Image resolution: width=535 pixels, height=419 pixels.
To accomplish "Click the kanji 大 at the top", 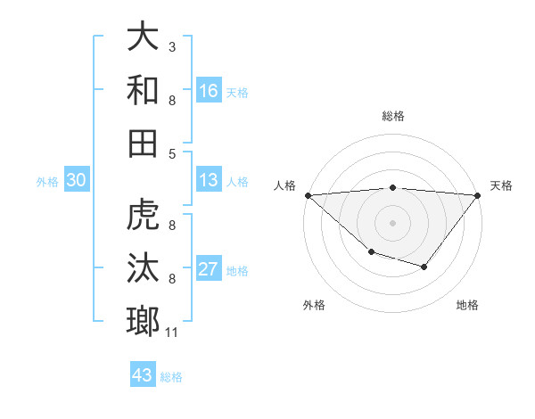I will pyautogui.click(x=144, y=37).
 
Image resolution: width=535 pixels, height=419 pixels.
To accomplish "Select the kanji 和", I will pyautogui.click(x=144, y=90).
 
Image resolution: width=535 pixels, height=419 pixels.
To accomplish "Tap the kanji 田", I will pyautogui.click(x=144, y=143).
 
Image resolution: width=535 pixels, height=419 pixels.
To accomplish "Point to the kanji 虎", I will pyautogui.click(x=144, y=216).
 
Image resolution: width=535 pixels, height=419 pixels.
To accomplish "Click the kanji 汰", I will pyautogui.click(x=144, y=268).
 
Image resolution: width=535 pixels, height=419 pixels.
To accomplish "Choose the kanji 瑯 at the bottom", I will pyautogui.click(x=144, y=321).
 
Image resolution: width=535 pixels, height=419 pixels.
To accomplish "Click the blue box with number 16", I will pyautogui.click(x=209, y=90).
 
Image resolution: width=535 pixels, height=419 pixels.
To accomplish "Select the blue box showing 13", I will pyautogui.click(x=209, y=181).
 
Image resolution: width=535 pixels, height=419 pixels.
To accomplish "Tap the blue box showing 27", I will pyautogui.click(x=209, y=268).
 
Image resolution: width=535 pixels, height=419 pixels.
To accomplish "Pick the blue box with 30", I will pyautogui.click(x=76, y=181).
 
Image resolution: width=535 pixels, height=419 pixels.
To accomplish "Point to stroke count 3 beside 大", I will pyautogui.click(x=171, y=46).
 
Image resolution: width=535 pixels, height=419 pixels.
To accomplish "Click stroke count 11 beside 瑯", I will pyautogui.click(x=172, y=333).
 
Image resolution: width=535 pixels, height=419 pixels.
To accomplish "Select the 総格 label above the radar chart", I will pyautogui.click(x=393, y=116).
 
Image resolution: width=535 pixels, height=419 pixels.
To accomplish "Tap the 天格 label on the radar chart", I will pyautogui.click(x=502, y=185).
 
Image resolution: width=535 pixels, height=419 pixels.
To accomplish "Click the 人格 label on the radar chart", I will pyautogui.click(x=285, y=185).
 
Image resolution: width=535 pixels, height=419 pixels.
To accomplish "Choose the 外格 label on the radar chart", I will pyautogui.click(x=314, y=305).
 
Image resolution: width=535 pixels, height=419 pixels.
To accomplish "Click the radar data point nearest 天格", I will pyautogui.click(x=479, y=194).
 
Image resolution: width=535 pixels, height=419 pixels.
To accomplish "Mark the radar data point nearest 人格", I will pyautogui.click(x=308, y=194).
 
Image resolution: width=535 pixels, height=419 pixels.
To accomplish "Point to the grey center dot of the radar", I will pyautogui.click(x=393, y=222).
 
